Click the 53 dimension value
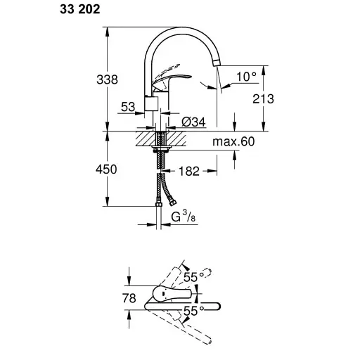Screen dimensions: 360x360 (127, 106)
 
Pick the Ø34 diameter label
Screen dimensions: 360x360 (193, 122)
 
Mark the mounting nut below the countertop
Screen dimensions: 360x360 (161, 150)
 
